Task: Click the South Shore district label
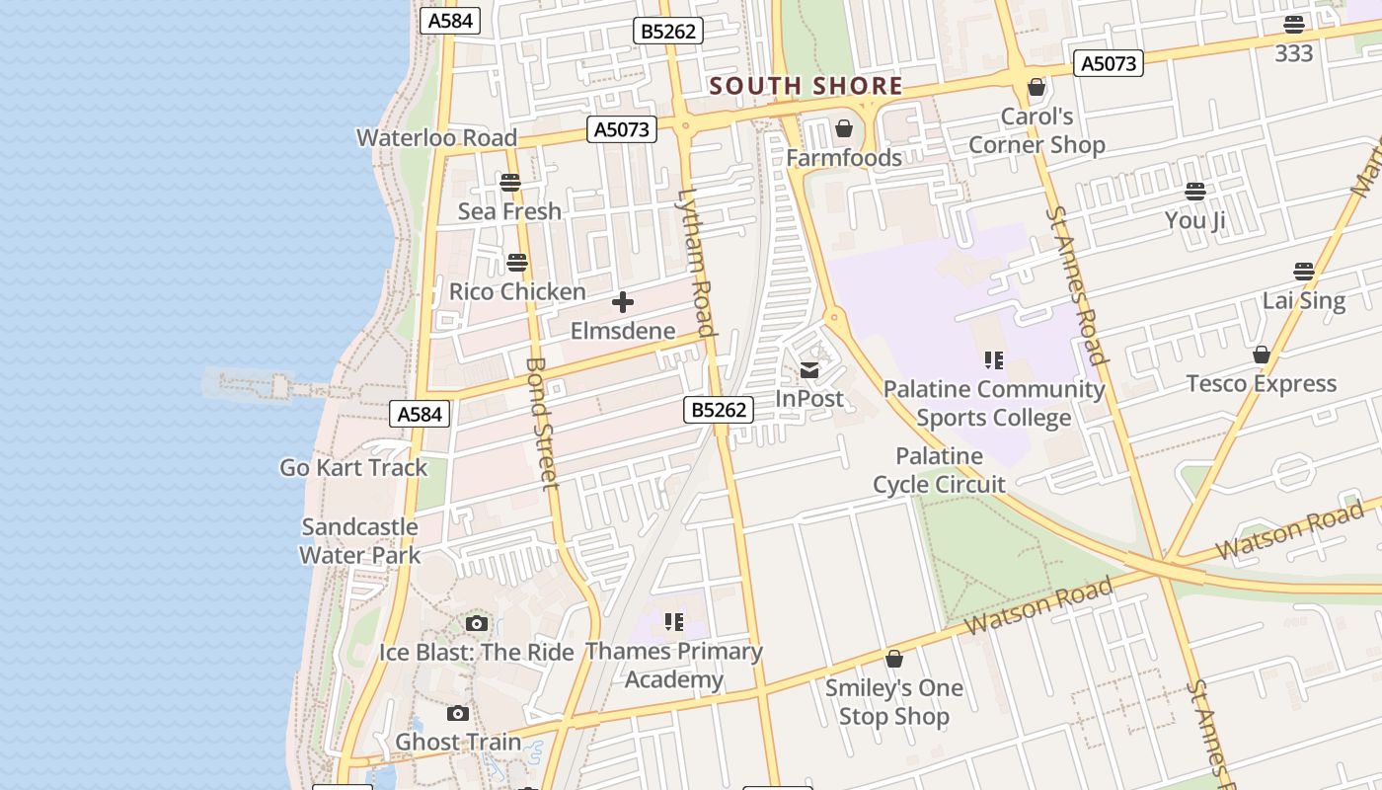point(806,86)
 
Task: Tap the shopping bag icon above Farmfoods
point(844,128)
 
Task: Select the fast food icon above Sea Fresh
point(509,183)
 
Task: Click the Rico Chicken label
point(517,292)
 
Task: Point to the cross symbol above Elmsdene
point(623,302)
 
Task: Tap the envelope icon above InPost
point(809,370)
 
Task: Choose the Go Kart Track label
point(353,468)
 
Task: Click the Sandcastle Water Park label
point(360,541)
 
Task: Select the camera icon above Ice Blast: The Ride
point(477,623)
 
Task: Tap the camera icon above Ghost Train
point(458,713)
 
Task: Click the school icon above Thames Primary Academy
point(674,622)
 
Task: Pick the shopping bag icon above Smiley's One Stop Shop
point(894,659)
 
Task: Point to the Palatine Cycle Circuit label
point(939,470)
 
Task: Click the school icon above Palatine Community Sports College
point(993,360)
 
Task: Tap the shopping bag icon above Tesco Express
point(1262,355)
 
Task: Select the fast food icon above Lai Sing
point(1304,272)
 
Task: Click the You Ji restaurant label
point(1194,220)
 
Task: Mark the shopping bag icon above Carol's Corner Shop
point(1036,88)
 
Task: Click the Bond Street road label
point(542,423)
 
